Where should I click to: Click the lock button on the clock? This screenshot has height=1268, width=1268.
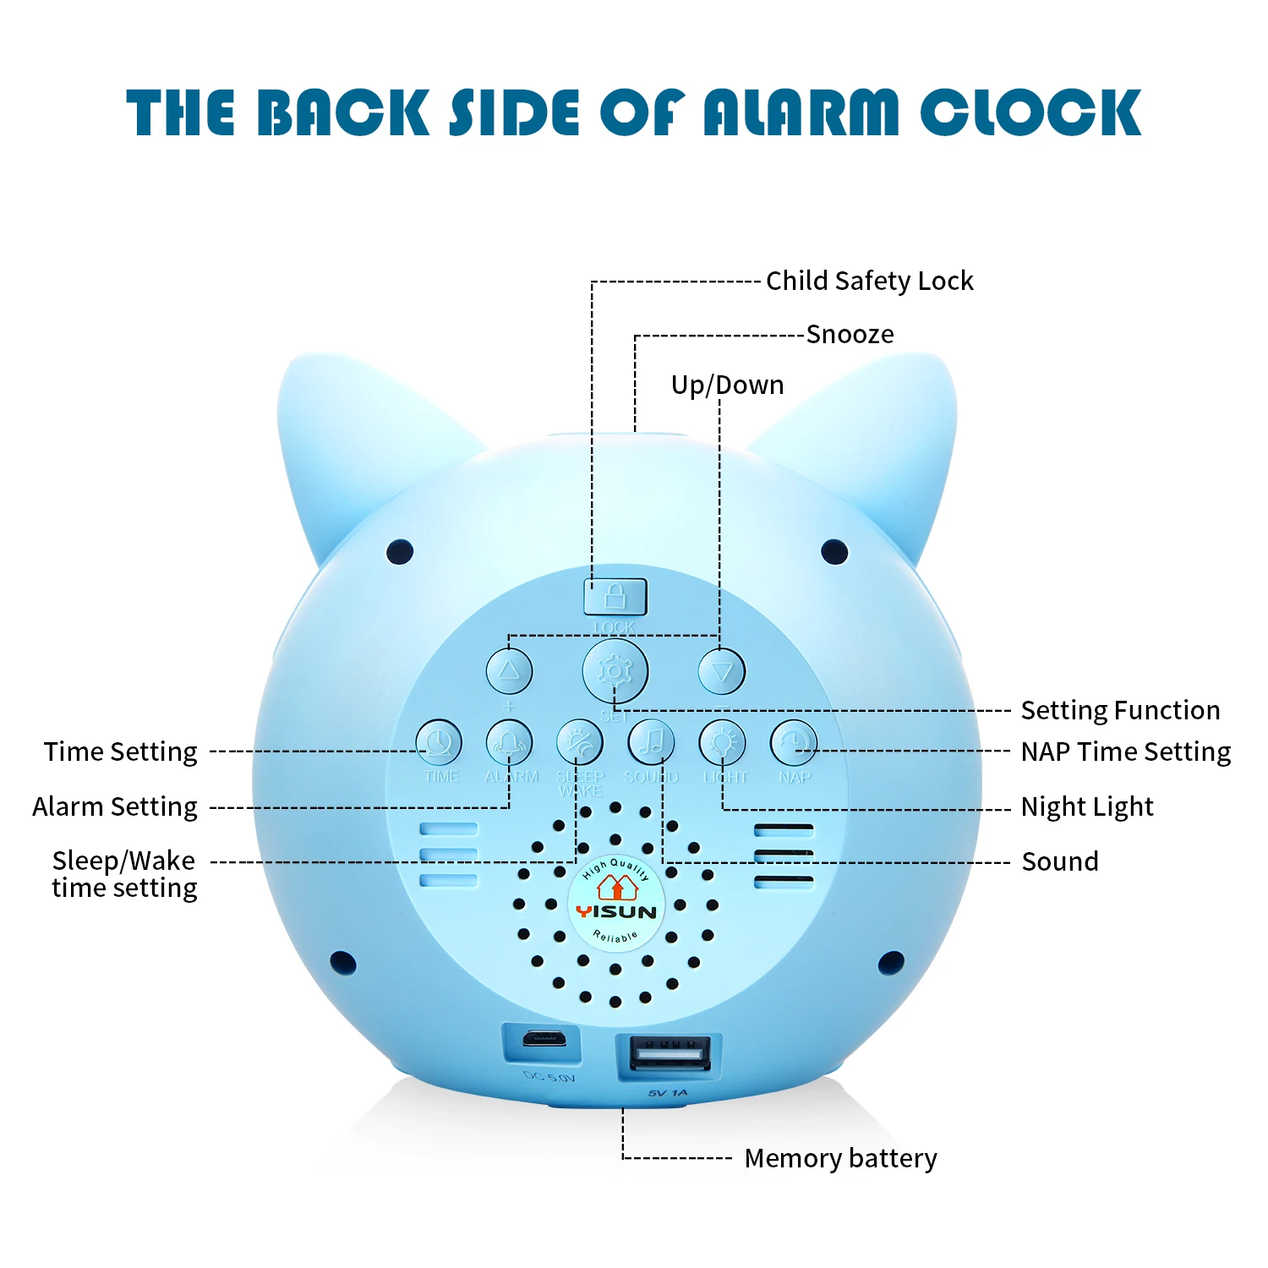(615, 597)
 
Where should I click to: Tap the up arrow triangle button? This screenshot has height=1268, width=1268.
(509, 671)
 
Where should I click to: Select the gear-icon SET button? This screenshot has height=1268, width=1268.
(615, 671)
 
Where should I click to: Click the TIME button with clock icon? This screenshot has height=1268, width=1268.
(439, 743)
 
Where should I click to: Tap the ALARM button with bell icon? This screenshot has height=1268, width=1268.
(509, 743)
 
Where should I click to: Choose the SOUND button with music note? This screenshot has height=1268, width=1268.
(651, 743)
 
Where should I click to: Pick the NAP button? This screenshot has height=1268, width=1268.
(794, 743)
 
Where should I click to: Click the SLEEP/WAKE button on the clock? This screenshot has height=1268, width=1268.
(580, 743)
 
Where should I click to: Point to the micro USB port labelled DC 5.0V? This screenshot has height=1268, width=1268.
(543, 1039)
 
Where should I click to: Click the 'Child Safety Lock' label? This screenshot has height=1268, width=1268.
(869, 281)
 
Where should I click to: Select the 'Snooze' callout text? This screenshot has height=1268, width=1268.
(850, 335)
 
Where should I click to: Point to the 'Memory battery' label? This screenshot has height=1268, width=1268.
(840, 1158)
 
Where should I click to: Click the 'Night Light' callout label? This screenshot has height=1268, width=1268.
(1086, 807)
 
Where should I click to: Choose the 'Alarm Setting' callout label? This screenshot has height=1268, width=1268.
(115, 807)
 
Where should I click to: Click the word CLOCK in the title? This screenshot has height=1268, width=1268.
(1031, 112)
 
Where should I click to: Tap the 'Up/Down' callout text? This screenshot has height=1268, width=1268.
(727, 385)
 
